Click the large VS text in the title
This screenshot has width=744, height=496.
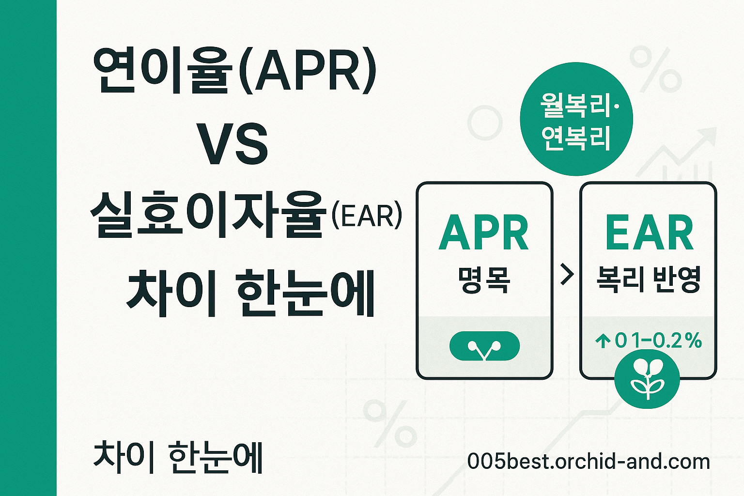233,144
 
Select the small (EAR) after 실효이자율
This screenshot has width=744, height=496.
367,216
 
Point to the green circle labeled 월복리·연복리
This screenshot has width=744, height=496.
576,119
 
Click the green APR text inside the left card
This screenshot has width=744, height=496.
483,233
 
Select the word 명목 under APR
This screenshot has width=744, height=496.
484,280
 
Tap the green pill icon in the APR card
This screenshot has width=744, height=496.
484,346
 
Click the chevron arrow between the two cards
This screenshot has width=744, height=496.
566,275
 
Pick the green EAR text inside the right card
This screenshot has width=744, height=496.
649,233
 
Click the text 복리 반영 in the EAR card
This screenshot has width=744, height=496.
648,280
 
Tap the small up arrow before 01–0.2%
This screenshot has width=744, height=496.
603,341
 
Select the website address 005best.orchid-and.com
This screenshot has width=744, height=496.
588,462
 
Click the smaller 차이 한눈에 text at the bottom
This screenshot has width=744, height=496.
178,457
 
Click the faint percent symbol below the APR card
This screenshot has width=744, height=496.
389,423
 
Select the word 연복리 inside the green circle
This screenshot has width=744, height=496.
575,139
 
